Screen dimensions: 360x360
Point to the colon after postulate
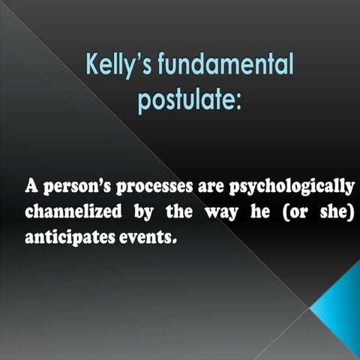pos(238,102)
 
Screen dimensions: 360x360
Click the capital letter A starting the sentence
pos(32,185)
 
